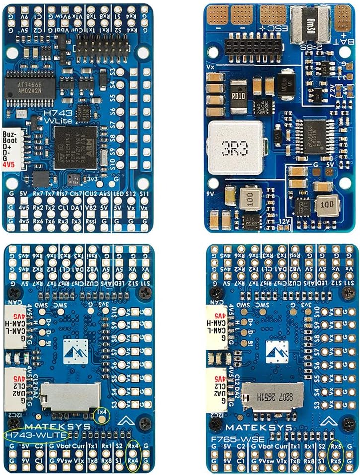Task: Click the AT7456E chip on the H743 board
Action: tap(24, 82)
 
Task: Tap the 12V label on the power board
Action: tap(284, 220)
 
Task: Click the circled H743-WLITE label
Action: tap(35, 436)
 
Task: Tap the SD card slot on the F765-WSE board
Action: tap(272, 396)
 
